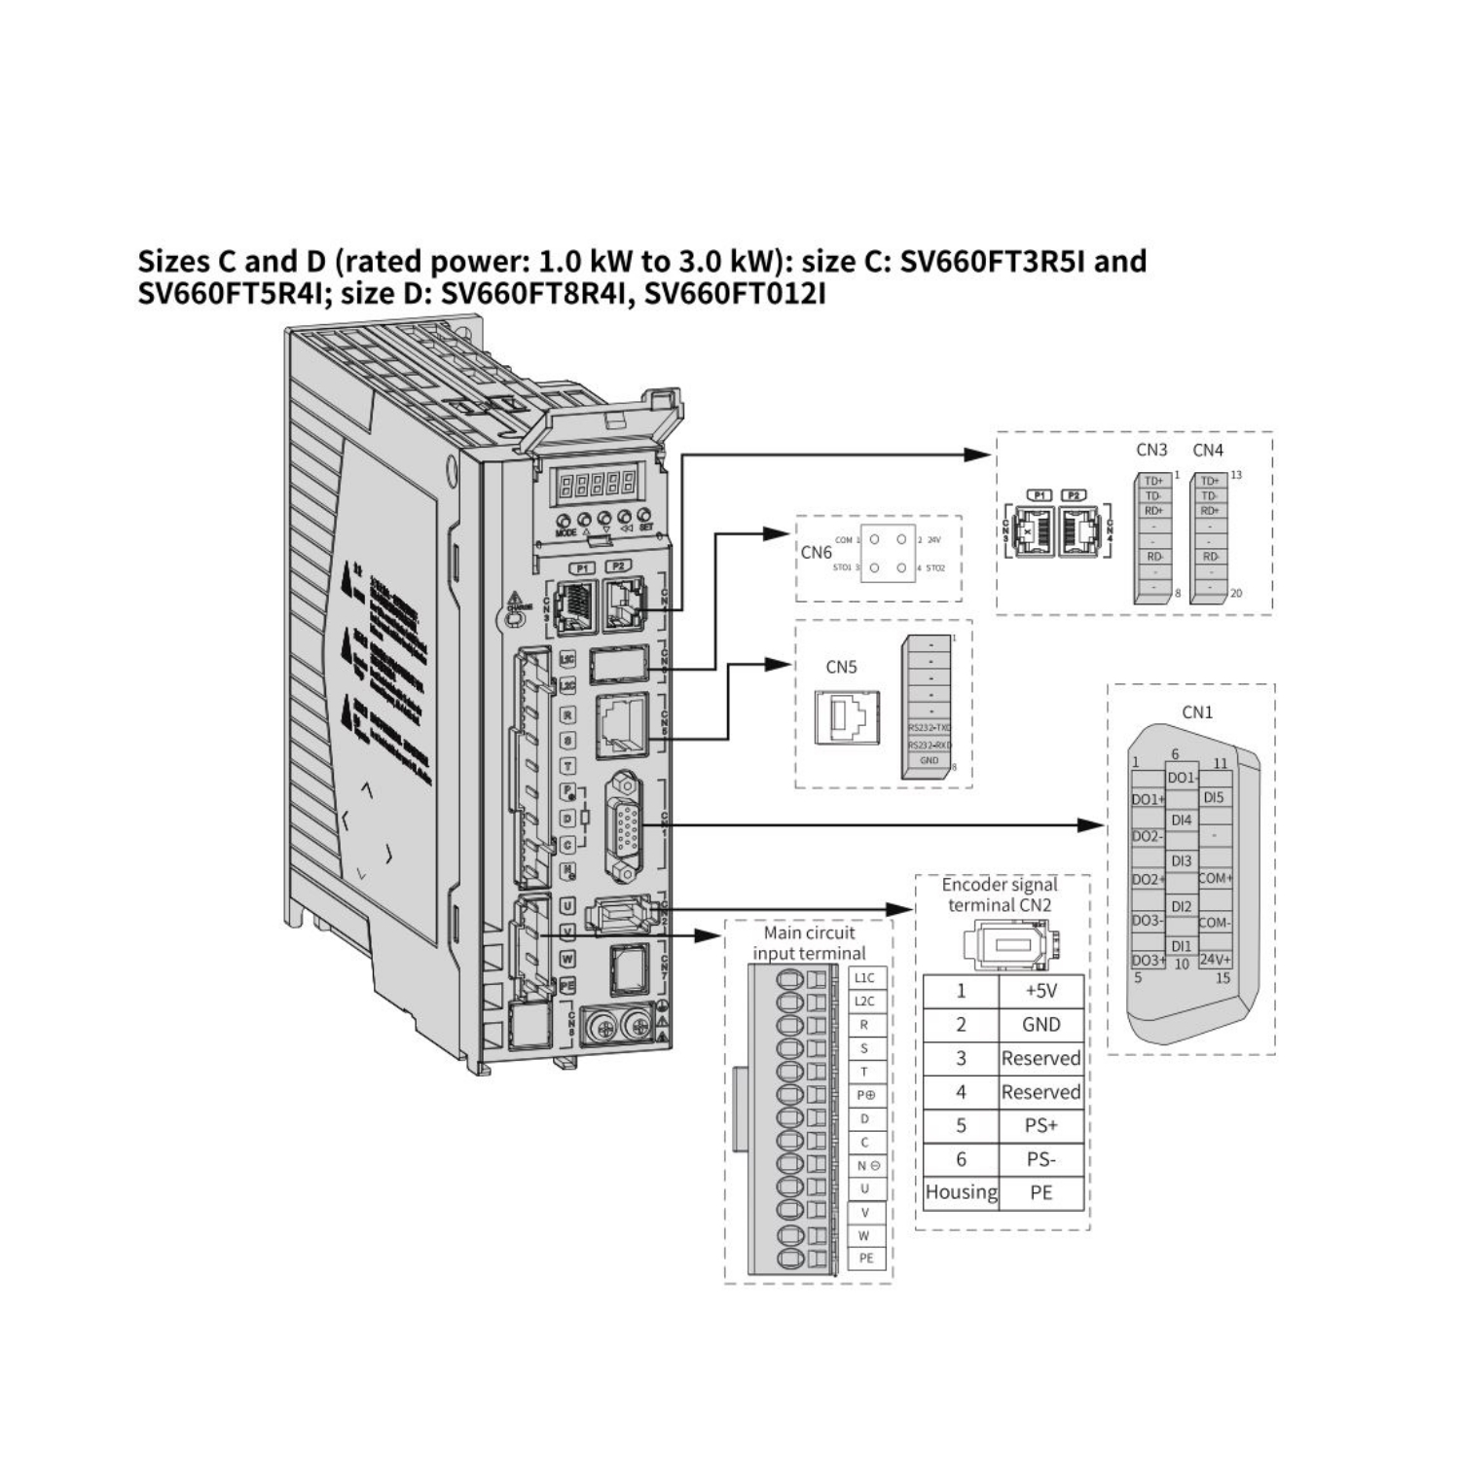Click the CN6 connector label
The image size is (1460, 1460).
(816, 553)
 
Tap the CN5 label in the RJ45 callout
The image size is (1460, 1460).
(841, 668)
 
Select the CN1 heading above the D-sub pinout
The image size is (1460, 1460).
(1197, 712)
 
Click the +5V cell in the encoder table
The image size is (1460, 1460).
(1040, 991)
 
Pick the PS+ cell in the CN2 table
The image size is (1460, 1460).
(1040, 1125)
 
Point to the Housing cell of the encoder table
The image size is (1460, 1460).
(961, 1192)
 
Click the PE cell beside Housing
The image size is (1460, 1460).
(1040, 1192)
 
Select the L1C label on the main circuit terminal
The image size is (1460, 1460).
(864, 978)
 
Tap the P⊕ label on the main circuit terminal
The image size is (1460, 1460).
(864, 1095)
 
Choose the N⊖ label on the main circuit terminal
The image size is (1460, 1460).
(864, 1165)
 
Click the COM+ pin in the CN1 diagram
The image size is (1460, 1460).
(1215, 878)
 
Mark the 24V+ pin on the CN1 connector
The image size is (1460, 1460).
(1215, 960)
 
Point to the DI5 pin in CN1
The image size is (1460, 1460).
(1214, 797)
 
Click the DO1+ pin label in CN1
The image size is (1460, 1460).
(1148, 799)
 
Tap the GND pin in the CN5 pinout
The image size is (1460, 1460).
(929, 761)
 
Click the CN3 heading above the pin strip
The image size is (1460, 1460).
(1151, 451)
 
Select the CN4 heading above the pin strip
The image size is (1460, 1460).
(1208, 451)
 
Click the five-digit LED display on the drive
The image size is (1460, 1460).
(595, 482)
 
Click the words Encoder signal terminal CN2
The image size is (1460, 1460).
(1000, 894)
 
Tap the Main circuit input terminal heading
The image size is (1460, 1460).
(809, 943)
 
